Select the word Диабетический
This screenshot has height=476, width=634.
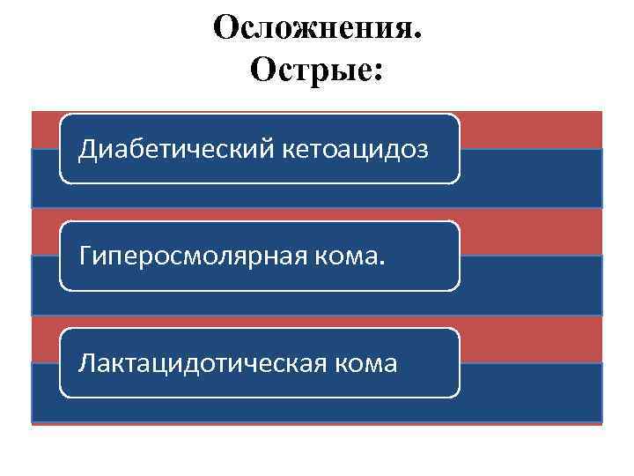coord(177,149)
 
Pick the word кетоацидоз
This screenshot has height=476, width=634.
coord(356,149)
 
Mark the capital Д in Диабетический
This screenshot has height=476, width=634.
coord(86,149)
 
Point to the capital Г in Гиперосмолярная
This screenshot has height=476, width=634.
coord(85,256)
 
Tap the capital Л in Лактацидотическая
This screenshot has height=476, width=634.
coord(86,362)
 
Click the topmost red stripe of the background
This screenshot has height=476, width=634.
coord(528,130)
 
